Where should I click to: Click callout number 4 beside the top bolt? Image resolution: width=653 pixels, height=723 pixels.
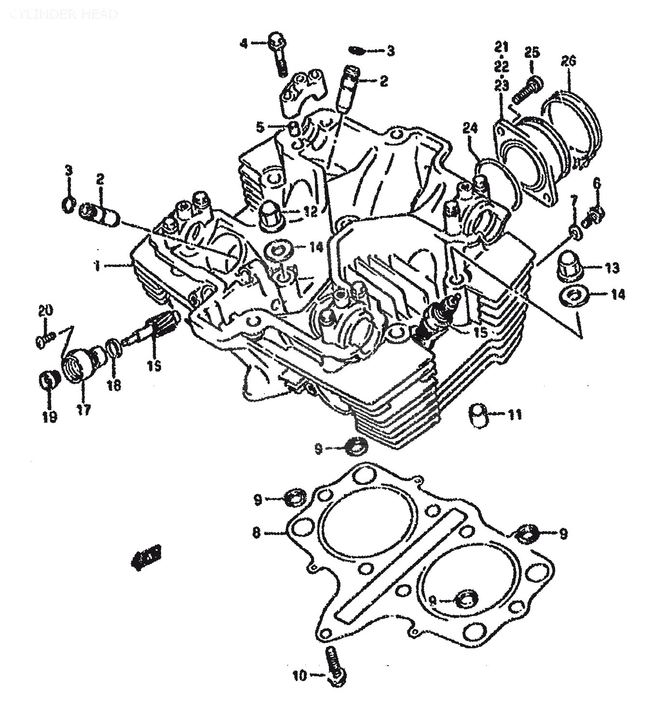[x=244, y=44]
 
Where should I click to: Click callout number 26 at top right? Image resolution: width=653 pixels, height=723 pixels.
[x=569, y=62]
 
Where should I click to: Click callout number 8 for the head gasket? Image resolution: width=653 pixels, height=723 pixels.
[x=257, y=533]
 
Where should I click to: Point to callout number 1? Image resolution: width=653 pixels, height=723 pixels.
[x=97, y=266]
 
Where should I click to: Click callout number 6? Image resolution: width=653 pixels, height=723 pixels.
[x=597, y=183]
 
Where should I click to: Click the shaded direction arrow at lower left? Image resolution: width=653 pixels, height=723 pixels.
[x=146, y=556]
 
